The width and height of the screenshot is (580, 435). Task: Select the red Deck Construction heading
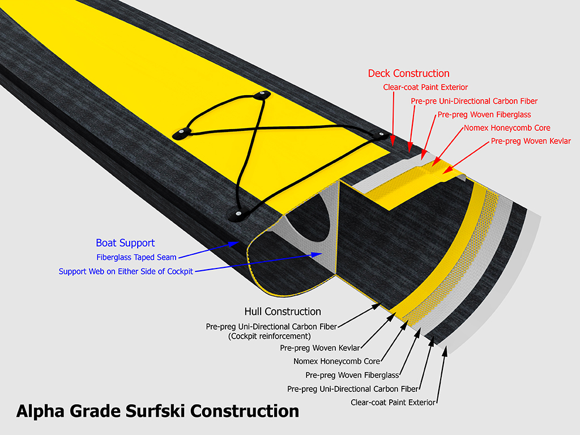(408, 74)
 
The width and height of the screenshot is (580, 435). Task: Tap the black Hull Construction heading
(283, 312)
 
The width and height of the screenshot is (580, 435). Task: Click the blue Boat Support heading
(125, 243)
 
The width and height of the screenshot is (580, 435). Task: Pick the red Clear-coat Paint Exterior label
(425, 87)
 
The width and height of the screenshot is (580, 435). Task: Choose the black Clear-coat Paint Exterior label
(393, 403)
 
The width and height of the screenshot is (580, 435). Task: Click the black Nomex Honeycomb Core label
(336, 361)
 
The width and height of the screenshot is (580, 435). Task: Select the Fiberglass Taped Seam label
(137, 257)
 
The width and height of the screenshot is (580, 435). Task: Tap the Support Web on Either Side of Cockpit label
(126, 271)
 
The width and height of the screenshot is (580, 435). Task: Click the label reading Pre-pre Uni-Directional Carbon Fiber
(474, 101)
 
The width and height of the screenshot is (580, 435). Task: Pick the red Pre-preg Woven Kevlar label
(531, 141)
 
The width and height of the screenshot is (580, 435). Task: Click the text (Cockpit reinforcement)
(264, 336)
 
